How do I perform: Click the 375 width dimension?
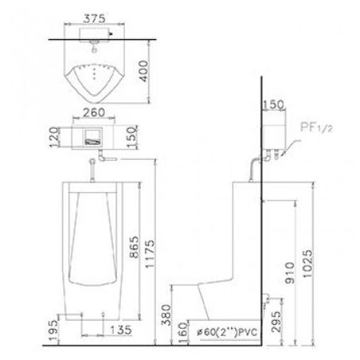click(x=94, y=18)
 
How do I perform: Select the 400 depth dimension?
click(x=144, y=71)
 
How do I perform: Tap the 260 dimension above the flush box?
click(x=94, y=113)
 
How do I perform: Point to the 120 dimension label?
click(x=54, y=137)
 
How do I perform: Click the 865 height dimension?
click(x=134, y=247)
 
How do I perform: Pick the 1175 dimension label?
click(x=150, y=254)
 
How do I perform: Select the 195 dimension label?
click(x=54, y=330)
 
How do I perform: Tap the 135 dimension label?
click(x=121, y=330)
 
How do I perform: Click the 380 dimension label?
click(x=166, y=315)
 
